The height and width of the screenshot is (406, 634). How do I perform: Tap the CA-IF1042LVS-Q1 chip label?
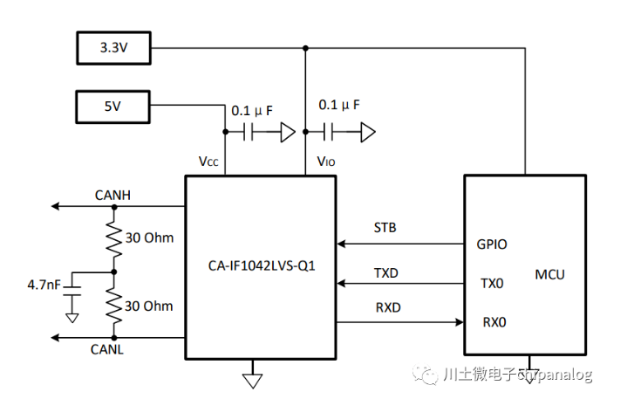coord(261,264)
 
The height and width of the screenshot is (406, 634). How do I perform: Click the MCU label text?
coord(549,274)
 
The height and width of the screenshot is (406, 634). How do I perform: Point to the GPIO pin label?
coord(492,244)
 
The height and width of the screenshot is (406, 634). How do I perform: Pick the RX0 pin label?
coord(493,322)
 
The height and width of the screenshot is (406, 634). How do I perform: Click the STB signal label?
coord(385,228)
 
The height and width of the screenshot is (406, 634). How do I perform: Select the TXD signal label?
coord(385,272)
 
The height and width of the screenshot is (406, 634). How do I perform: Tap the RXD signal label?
coord(385,308)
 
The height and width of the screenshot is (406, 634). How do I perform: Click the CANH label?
coord(112,195)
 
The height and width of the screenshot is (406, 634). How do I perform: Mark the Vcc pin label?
coord(210,162)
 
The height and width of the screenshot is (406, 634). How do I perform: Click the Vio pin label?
coord(324,162)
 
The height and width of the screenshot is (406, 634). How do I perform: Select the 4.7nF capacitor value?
coord(44,285)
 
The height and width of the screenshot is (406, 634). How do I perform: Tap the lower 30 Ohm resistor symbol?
coord(112,306)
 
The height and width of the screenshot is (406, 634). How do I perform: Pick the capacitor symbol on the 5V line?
coord(249,133)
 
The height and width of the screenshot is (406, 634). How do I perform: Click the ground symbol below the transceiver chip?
coord(253,377)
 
